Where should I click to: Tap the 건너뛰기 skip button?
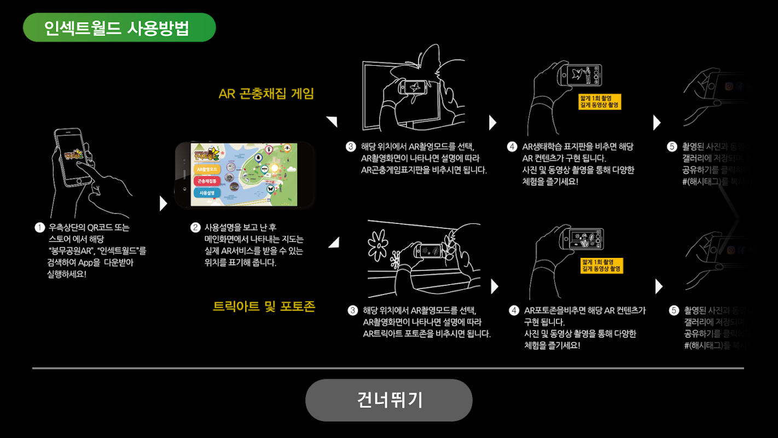[388, 400]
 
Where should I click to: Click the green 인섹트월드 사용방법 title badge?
[119, 28]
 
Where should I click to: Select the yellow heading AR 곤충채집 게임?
[266, 94]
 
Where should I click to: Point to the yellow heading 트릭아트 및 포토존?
[264, 306]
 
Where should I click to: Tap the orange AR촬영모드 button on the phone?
[207, 169]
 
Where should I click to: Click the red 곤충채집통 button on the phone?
[207, 181]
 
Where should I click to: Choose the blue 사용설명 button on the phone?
[207, 193]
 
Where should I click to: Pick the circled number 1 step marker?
[39, 227]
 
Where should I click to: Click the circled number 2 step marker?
[195, 227]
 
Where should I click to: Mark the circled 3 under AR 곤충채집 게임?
[351, 147]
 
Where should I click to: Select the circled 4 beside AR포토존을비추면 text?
[514, 310]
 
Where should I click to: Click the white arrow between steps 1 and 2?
[162, 204]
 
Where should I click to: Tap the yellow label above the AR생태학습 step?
[600, 101]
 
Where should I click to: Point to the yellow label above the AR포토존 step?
[602, 266]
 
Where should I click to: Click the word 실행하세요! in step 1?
[67, 274]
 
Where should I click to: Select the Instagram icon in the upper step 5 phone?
[729, 87]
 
